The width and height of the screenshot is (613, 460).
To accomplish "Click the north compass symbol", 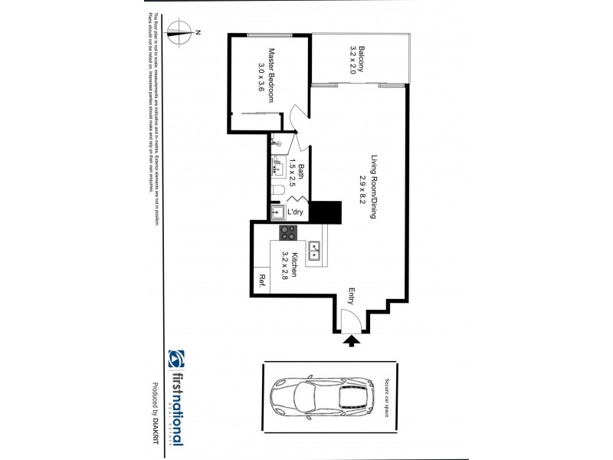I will [x=182, y=31].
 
